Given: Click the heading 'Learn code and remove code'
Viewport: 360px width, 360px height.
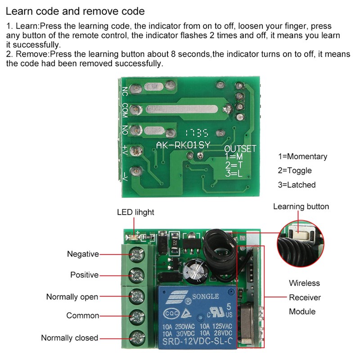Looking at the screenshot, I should pos(76,10).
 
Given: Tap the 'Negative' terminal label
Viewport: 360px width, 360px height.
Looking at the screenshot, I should pos(83,254).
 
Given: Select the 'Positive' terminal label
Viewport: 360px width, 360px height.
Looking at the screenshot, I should pos(84,274).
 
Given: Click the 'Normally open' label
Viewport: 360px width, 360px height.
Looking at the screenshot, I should pos(72,297).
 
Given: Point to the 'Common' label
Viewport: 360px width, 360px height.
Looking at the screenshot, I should pos(82,315).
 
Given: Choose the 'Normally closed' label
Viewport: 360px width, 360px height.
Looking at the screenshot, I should pos(70,338).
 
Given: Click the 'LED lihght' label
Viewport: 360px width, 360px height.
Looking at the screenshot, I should pos(135,212).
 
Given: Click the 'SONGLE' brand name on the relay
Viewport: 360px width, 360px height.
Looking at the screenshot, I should pos(206,297).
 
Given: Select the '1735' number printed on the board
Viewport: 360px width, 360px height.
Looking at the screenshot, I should pos(195,133).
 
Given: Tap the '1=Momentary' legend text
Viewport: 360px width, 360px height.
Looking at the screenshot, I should pos(302,157).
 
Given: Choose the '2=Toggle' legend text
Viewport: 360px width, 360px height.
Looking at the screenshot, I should pos(295,171).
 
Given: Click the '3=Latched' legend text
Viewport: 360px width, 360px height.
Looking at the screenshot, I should pos(297,184).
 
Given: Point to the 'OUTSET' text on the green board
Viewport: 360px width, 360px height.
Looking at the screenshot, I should pos(240,148).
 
